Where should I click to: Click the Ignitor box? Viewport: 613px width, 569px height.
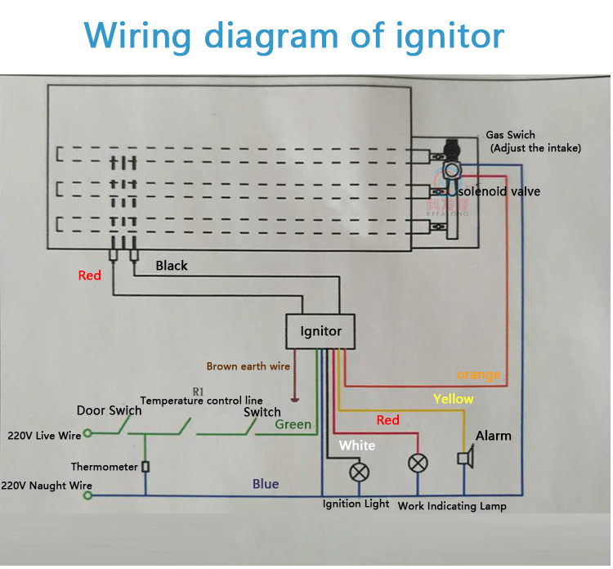(320, 331)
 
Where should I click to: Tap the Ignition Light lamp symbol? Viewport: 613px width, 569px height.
(358, 473)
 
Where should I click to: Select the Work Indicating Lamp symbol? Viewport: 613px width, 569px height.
(418, 464)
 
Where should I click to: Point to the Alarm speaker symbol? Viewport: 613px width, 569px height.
(464, 459)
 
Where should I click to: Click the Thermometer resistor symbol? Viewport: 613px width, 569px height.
(145, 467)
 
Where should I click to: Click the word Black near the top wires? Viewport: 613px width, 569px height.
(172, 266)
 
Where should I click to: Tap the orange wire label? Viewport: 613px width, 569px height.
(478, 374)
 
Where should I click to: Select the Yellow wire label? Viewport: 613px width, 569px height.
(453, 399)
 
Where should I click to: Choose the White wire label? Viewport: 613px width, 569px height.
(357, 445)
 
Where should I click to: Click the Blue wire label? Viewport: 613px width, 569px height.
(266, 484)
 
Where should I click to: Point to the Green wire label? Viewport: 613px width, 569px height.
(293, 424)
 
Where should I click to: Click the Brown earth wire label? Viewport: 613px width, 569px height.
(248, 366)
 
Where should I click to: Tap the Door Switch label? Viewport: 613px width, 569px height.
(109, 410)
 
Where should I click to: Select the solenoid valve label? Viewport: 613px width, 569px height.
(499, 191)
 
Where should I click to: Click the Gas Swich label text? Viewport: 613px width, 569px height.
(510, 135)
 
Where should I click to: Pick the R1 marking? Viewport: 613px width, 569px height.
(198, 391)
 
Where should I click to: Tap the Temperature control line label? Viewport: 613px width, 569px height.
(201, 401)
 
